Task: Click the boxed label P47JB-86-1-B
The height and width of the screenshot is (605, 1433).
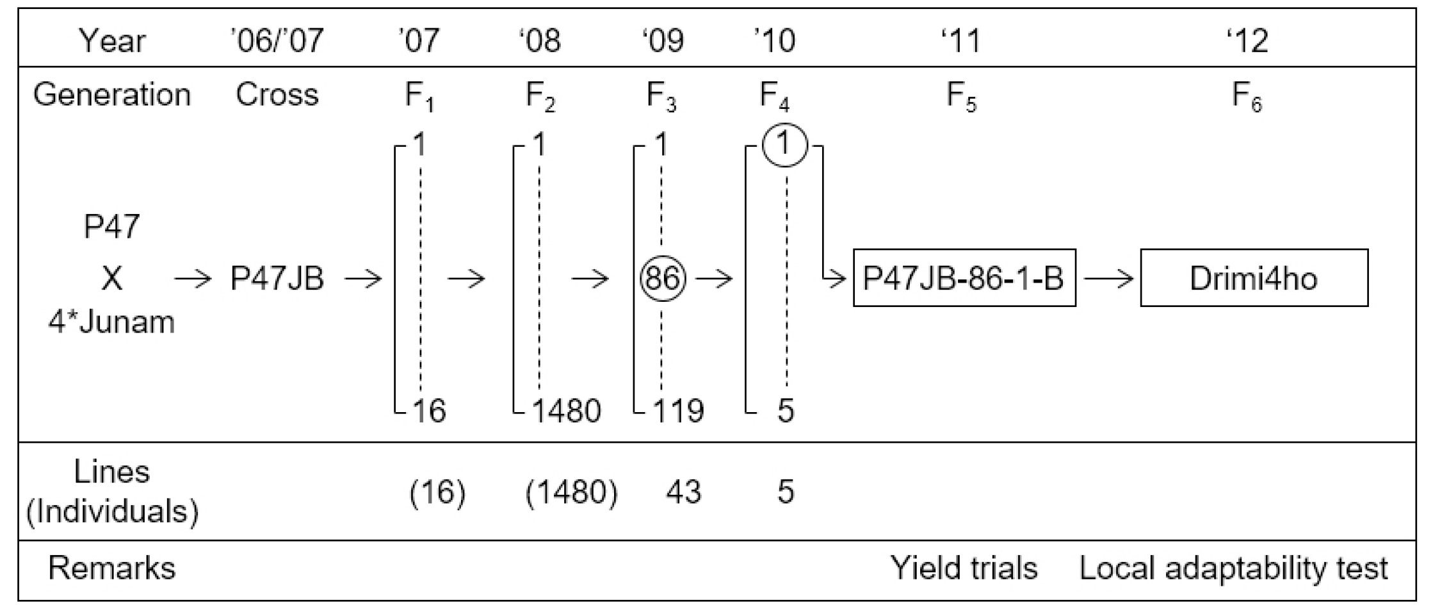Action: [964, 278]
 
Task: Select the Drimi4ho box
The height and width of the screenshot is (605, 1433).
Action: [1254, 278]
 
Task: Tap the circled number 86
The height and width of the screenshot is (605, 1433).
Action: [663, 279]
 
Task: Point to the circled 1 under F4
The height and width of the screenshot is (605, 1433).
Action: [785, 145]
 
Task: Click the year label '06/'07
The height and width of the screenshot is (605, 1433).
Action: [277, 40]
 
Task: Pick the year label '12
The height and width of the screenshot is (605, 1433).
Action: [1248, 40]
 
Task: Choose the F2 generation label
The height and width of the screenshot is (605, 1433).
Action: [540, 96]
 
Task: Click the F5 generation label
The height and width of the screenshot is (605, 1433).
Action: [962, 96]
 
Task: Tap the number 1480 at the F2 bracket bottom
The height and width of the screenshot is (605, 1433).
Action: [567, 410]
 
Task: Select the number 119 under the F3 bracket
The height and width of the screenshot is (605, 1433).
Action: [679, 410]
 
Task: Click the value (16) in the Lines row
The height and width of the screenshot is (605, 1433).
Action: [437, 492]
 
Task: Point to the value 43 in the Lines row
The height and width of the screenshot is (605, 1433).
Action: [683, 492]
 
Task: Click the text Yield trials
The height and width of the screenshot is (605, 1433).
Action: [964, 568]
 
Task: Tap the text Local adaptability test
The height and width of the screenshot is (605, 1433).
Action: [1234, 568]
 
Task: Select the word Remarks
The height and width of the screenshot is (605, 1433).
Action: [112, 568]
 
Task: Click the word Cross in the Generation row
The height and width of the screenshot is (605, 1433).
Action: [277, 95]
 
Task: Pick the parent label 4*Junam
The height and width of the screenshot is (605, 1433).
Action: [111, 321]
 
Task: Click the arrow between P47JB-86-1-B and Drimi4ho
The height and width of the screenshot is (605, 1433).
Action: [1108, 279]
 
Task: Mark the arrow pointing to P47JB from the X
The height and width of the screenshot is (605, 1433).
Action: [193, 279]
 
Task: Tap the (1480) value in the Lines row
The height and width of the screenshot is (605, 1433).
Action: [572, 492]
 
